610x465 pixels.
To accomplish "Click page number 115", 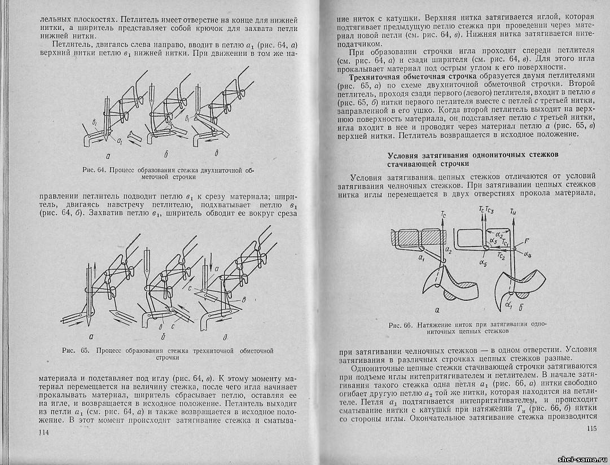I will [590, 429].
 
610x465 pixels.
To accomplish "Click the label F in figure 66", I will [526, 242].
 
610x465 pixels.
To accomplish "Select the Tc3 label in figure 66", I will [489, 210].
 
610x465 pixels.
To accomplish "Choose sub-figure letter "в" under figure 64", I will [218, 152].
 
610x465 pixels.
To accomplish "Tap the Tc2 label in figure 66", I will [500, 255].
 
